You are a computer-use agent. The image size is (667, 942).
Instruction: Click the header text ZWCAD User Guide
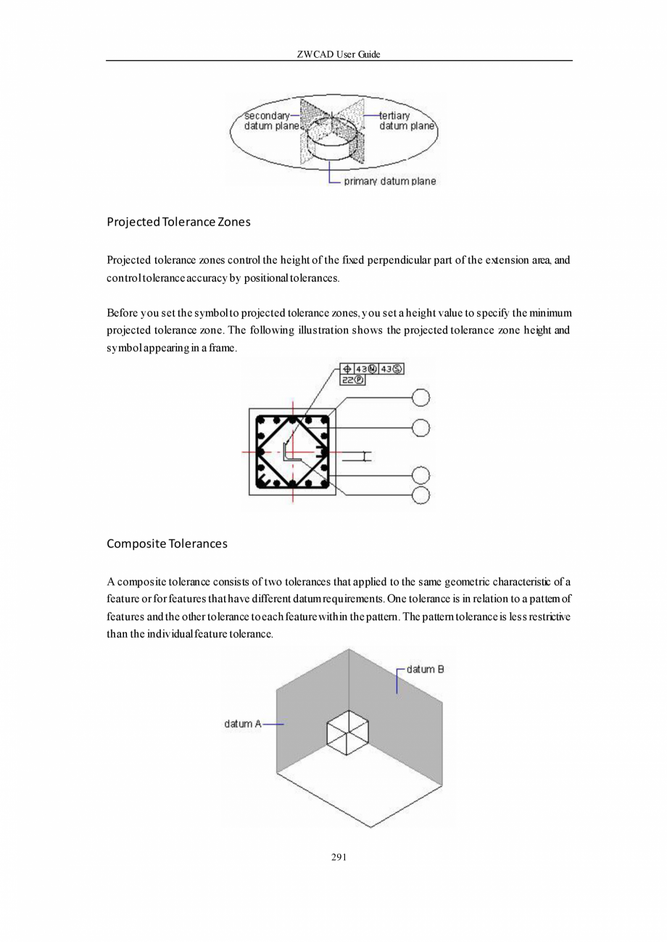point(339,54)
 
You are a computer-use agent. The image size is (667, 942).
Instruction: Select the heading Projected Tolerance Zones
point(178,222)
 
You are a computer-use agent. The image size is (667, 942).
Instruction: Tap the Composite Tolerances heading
point(167,543)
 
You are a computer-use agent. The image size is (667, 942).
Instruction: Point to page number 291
point(339,858)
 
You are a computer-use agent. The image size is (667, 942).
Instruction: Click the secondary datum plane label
point(268,120)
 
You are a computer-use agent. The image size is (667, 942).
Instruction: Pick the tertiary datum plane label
point(406,120)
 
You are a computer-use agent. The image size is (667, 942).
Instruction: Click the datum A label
point(242,723)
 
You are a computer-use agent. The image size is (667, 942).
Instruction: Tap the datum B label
point(425,669)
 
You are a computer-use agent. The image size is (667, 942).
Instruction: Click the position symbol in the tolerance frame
point(347,370)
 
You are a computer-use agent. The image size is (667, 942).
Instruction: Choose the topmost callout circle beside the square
point(420,397)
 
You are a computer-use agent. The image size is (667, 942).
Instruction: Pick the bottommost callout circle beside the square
point(420,495)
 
